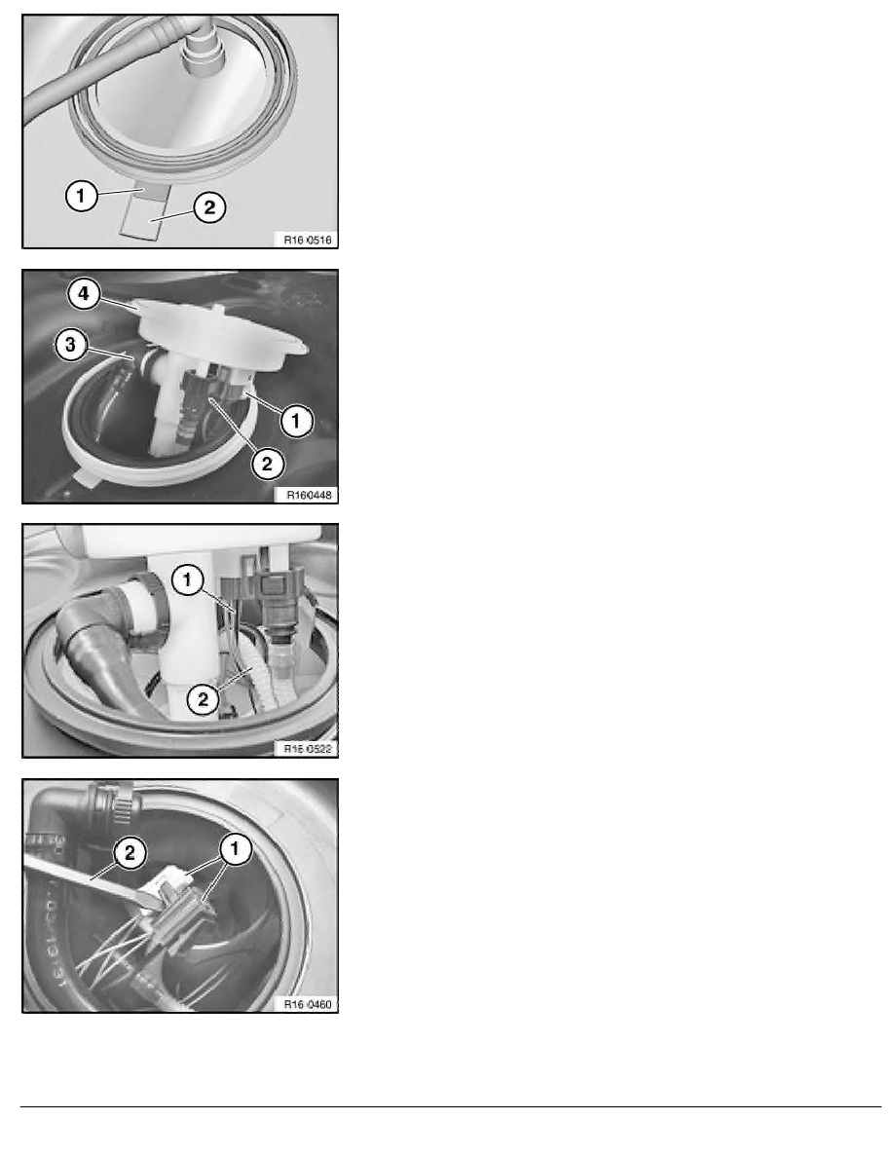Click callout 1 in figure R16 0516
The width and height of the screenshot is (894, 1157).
(x=81, y=196)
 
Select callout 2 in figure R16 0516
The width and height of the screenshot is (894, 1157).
(x=209, y=207)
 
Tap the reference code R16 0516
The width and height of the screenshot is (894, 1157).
(x=308, y=239)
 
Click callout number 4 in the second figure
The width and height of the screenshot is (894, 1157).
(x=84, y=294)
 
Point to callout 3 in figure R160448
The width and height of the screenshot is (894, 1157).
(x=71, y=344)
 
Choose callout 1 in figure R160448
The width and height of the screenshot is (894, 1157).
(x=296, y=421)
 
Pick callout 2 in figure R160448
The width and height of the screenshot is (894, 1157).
(x=267, y=464)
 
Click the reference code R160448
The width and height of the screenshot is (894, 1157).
(x=309, y=495)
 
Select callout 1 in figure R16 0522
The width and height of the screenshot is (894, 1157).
(x=187, y=580)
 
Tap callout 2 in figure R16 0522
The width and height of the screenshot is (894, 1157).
(x=203, y=698)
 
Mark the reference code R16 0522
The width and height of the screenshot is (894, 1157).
(x=308, y=748)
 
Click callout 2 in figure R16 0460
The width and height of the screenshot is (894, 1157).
(x=130, y=854)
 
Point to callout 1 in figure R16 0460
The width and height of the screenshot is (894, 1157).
(x=236, y=849)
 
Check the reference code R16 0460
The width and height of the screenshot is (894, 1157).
(x=308, y=1003)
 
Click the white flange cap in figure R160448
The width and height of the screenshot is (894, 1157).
(x=220, y=332)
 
